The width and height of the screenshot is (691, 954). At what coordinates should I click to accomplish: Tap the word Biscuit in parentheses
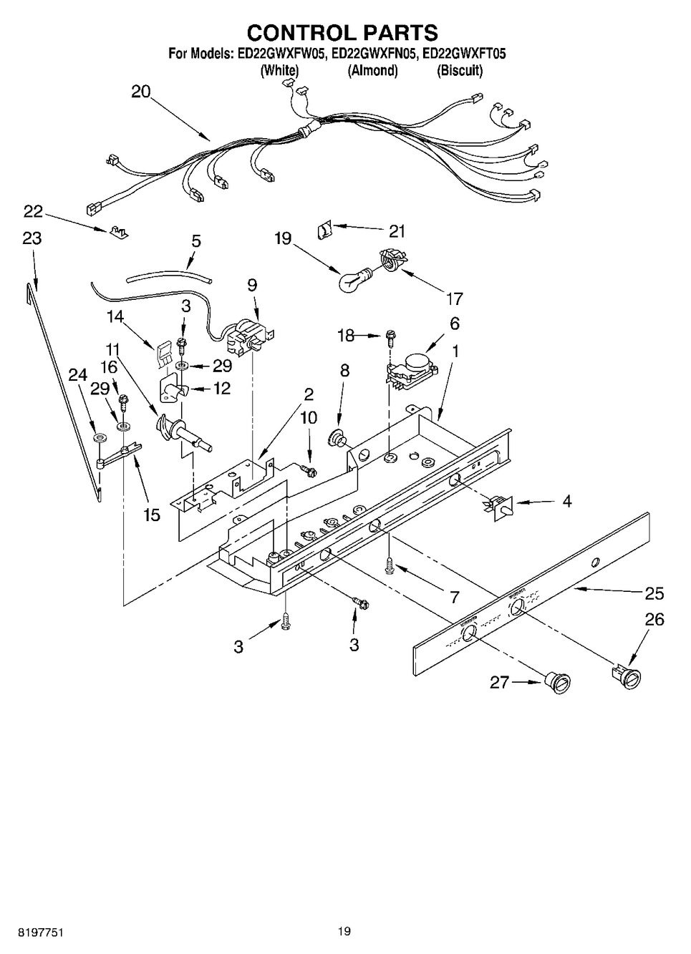(x=459, y=70)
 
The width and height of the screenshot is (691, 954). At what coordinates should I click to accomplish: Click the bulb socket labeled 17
(x=390, y=258)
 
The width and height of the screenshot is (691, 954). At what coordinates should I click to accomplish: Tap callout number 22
(x=33, y=212)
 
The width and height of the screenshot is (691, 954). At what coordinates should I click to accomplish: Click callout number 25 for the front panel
(x=654, y=593)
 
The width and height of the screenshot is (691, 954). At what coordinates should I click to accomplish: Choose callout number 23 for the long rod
(x=32, y=238)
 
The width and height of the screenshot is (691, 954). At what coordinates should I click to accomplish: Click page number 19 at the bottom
(x=344, y=931)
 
